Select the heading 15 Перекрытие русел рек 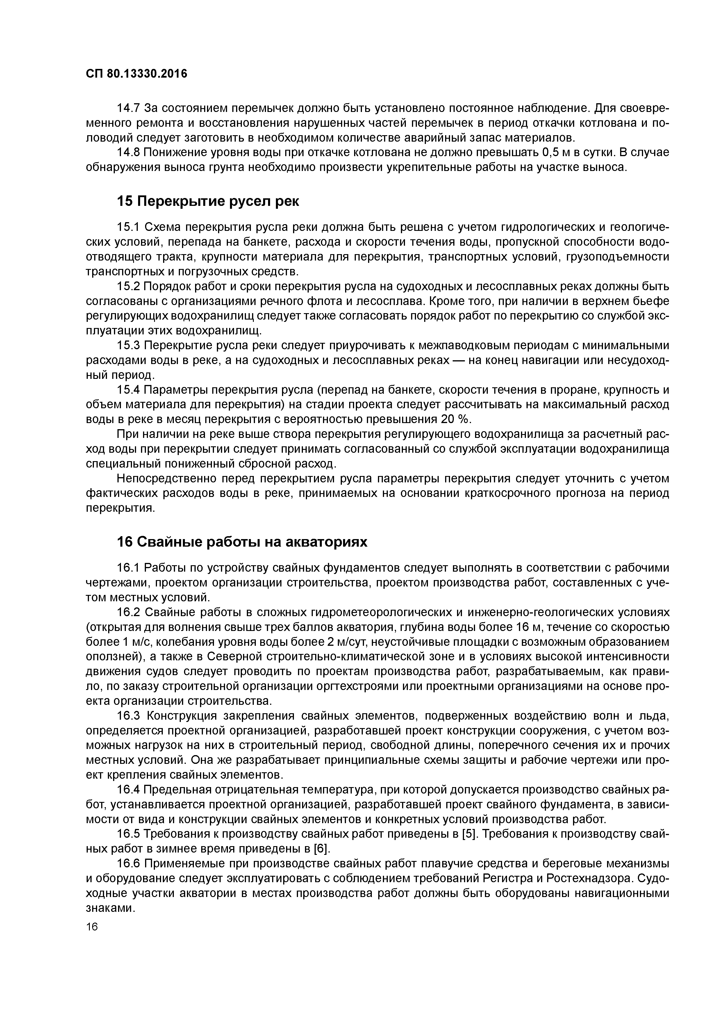coord(208,201)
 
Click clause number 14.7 coord(129,108)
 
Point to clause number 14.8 coord(129,152)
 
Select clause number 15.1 coord(129,227)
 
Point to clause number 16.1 coord(129,568)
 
